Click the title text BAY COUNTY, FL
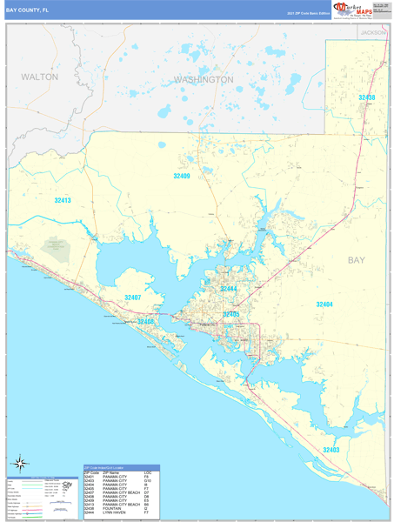[x=25, y=10]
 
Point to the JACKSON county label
[x=374, y=32]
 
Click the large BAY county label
[x=357, y=260]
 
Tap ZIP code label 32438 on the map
[x=367, y=97]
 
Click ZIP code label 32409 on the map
[x=181, y=176]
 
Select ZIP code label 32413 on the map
[x=63, y=200]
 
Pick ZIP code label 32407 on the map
[x=133, y=298]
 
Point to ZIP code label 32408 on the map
[x=145, y=322]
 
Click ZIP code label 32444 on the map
[x=228, y=289]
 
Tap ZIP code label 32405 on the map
[x=231, y=313]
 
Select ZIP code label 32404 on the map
[x=324, y=304]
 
